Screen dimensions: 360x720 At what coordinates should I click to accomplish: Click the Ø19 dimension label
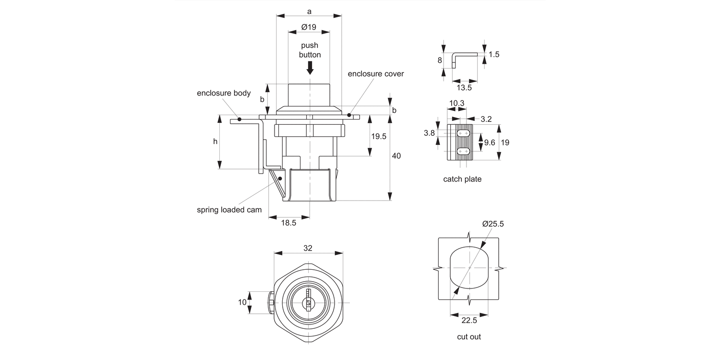coord(309,27)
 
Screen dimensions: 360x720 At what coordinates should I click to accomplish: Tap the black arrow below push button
coord(310,68)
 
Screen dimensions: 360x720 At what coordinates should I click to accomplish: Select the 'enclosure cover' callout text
coord(375,74)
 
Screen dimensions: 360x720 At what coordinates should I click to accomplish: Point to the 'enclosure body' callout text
coord(224,93)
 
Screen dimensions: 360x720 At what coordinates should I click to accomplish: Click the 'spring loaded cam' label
coord(229,210)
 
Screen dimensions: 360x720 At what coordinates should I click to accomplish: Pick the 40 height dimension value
coord(396,156)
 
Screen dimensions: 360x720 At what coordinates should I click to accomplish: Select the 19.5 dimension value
coord(379,136)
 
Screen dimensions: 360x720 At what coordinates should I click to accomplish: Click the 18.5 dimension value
coord(288,223)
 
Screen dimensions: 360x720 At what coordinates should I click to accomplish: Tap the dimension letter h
coord(215,142)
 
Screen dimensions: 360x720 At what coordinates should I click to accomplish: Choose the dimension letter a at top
coord(309,11)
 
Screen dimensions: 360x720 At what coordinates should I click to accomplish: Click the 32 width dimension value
coord(308,248)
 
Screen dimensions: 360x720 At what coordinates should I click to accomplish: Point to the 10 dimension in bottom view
coord(242,302)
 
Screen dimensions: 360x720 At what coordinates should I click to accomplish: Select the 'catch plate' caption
coord(462,179)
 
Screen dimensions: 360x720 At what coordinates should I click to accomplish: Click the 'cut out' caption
coord(468,336)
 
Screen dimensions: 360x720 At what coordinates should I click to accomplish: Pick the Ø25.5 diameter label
coord(493,224)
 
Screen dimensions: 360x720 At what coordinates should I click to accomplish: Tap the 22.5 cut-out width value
coord(469,321)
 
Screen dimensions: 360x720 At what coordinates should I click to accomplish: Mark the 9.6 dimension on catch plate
coord(490,142)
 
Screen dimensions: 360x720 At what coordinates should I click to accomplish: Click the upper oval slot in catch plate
coord(463,133)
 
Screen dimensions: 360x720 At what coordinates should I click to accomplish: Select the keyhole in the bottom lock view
coord(307,302)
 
